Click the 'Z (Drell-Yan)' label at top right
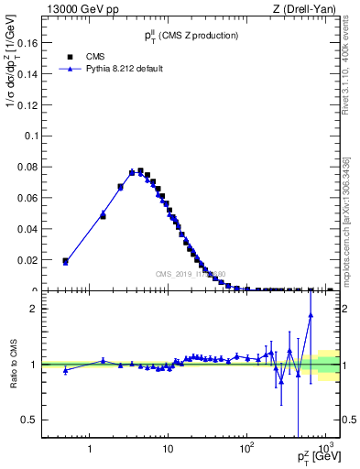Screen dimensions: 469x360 (311, 10)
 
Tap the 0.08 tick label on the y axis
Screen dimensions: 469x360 (27, 167)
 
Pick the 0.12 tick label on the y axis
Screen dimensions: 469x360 (27, 104)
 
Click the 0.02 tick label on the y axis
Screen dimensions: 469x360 (27, 260)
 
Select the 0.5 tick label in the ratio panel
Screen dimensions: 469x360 (29, 420)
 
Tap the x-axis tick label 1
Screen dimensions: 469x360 (90, 449)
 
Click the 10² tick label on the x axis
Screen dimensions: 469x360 (245, 448)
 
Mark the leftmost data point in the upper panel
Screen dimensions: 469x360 (65, 261)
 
